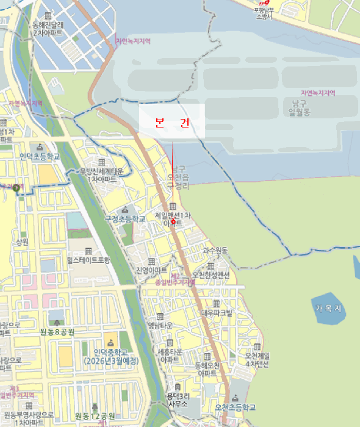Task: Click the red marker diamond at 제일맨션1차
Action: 173,221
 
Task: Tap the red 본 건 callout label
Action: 171,123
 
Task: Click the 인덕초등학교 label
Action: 40,157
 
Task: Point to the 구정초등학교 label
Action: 125,218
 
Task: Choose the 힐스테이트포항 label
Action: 88,260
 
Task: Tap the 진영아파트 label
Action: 151,270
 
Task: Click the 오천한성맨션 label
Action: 211,275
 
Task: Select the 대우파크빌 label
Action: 217,312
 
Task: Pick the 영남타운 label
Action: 160,325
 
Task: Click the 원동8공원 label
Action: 57,331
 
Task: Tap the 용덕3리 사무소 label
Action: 177,400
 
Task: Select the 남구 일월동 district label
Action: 300,107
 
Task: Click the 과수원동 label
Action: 215,250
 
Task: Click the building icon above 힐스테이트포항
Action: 88,251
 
